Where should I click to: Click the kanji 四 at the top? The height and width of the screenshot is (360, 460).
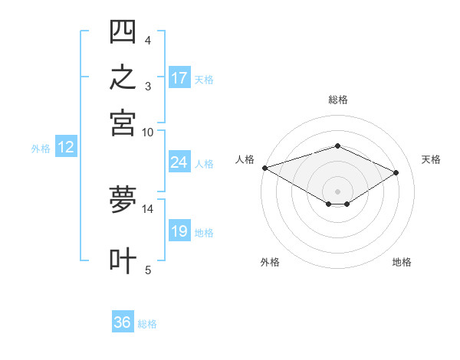pyautogui.click(x=123, y=31)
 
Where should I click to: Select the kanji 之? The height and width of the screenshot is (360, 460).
pyautogui.click(x=123, y=77)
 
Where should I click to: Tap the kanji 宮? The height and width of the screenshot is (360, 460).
pyautogui.click(x=123, y=123)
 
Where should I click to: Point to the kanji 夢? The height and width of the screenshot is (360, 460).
pyautogui.click(x=123, y=199)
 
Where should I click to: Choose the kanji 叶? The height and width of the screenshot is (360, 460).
pyautogui.click(x=123, y=260)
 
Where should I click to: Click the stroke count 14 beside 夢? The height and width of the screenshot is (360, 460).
pyautogui.click(x=147, y=209)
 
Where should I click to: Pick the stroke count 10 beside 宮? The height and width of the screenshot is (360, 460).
pyautogui.click(x=147, y=133)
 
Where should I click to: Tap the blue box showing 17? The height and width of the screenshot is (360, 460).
pyautogui.click(x=179, y=77)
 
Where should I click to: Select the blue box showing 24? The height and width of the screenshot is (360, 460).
pyautogui.click(x=179, y=162)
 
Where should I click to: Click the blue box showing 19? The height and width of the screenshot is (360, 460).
pyautogui.click(x=179, y=230)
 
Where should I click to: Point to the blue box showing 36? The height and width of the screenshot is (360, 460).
pyautogui.click(x=123, y=321)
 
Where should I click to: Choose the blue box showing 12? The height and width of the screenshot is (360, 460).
pyautogui.click(x=66, y=146)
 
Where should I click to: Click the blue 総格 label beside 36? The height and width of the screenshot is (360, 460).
pyautogui.click(x=147, y=324)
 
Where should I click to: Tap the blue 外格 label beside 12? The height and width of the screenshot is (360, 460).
pyautogui.click(x=41, y=149)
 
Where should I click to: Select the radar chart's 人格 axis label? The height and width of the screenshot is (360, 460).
pyautogui.click(x=245, y=159)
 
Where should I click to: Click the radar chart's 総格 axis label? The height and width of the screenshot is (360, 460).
pyautogui.click(x=338, y=100)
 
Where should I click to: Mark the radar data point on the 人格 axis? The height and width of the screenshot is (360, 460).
pyautogui.click(x=265, y=168)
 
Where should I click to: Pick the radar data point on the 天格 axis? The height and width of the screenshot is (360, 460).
pyautogui.click(x=396, y=172)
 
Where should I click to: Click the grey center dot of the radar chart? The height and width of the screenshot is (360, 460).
pyautogui.click(x=337, y=191)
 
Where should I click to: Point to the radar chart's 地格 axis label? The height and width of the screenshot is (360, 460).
pyautogui.click(x=402, y=262)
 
